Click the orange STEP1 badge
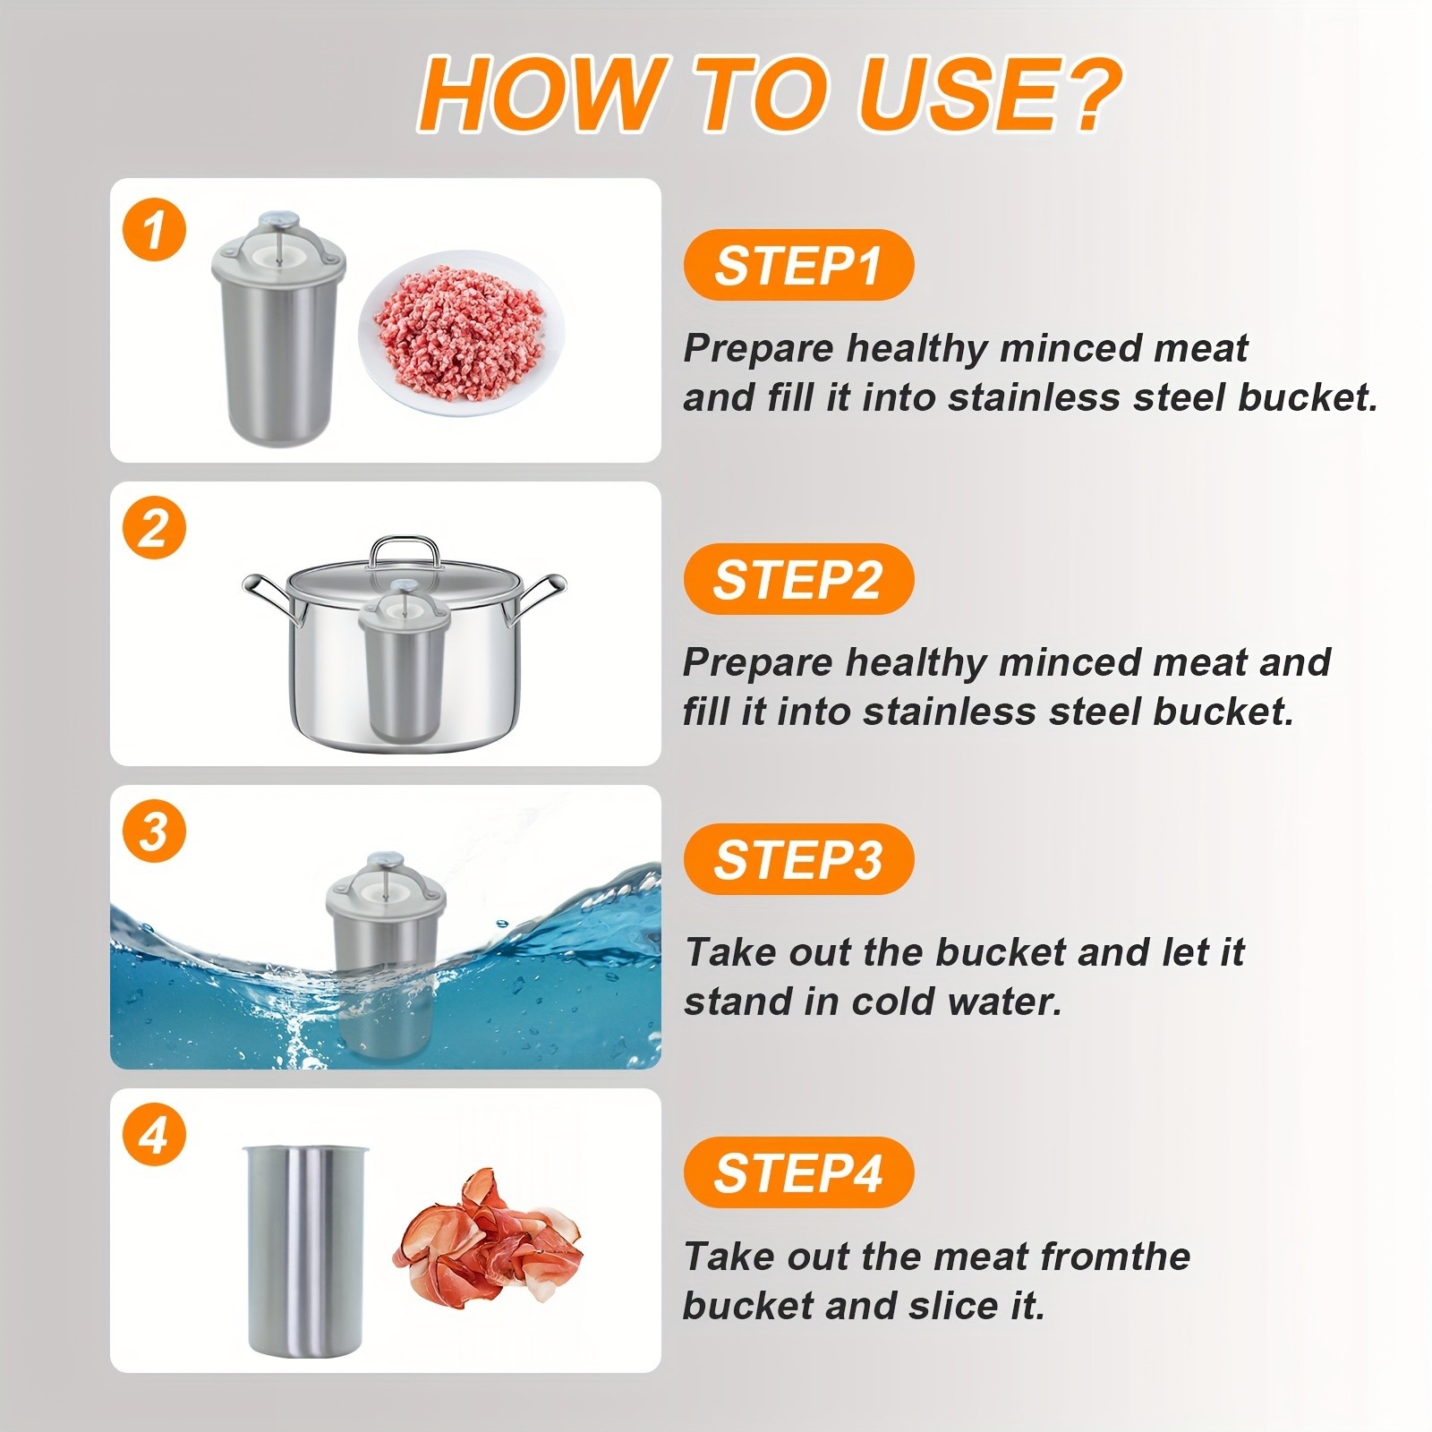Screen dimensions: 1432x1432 point(797,266)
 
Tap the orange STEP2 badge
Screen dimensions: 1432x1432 point(797,579)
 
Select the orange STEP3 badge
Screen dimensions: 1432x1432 point(797,859)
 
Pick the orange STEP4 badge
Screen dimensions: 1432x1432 point(797,1172)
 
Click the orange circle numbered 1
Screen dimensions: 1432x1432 point(154,230)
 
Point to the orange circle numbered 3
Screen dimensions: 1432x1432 point(154,831)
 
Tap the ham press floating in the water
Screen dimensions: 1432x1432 point(385,949)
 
